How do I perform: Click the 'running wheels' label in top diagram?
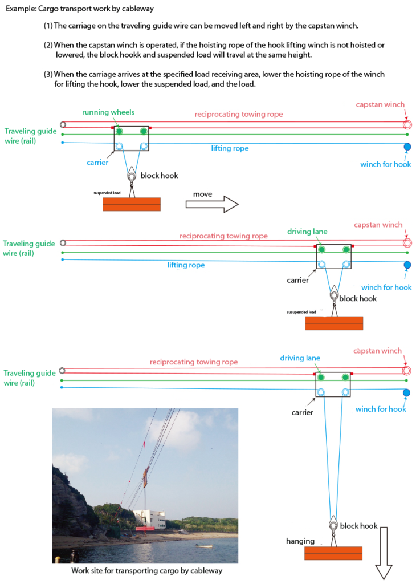pos(108,112)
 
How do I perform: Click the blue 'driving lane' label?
pos(300,358)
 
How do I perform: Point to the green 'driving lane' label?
pos(307,232)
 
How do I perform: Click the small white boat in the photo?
pos(205,546)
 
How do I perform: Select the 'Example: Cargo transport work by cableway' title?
pos(79,10)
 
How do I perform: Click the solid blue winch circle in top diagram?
pos(407,147)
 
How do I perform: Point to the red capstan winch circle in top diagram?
pos(407,125)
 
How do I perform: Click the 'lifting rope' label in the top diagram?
pos(230,148)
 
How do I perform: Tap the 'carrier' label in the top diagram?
pos(98,163)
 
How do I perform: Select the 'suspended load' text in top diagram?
pos(107,193)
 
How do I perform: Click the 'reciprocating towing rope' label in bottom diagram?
pos(194,362)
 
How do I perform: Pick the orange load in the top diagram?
pos(132,204)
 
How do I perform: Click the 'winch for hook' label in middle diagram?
pos(386,287)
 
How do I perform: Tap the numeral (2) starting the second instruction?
pos(48,45)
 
